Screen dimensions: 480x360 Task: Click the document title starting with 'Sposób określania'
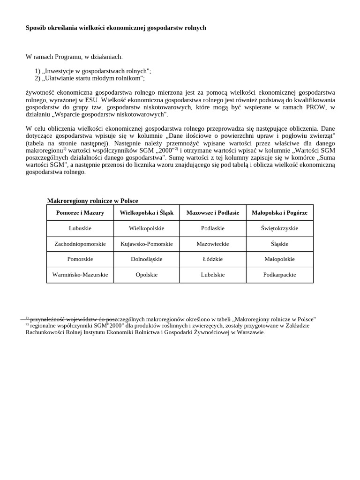tap(116, 28)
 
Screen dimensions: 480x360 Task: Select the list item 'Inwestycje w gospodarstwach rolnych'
tap(97, 71)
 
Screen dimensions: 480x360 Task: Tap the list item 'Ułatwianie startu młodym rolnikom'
tap(93, 78)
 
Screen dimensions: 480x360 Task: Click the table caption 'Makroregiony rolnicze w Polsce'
tap(92, 201)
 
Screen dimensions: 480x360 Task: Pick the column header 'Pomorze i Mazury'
tap(80, 213)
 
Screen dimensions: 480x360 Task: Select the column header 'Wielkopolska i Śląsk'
tap(147, 213)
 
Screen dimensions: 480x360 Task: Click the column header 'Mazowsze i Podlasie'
tap(213, 213)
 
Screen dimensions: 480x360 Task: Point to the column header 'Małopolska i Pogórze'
tap(279, 213)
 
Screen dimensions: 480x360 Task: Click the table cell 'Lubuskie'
tap(80, 228)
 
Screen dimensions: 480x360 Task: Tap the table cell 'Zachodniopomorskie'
tap(80, 244)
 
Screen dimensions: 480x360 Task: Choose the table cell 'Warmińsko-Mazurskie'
tap(80, 275)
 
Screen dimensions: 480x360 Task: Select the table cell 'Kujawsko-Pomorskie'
tap(147, 244)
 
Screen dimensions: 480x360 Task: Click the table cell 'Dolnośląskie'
tap(147, 259)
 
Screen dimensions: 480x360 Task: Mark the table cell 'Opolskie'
tap(147, 275)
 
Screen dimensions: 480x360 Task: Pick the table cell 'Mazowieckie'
tap(213, 244)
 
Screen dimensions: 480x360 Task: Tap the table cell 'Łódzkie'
tap(213, 259)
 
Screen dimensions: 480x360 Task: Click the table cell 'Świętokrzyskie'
tap(279, 228)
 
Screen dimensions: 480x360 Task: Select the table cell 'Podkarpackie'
tap(279, 275)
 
